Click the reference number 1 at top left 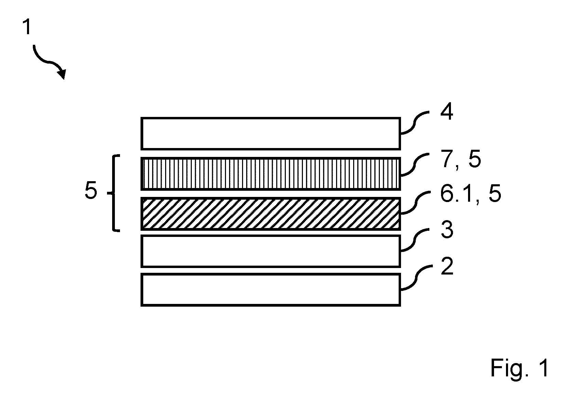(x=27, y=27)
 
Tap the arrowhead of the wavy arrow (x=62, y=75)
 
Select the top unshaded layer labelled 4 (x=271, y=133)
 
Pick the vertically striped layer (x=271, y=174)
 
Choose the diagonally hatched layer (x=271, y=214)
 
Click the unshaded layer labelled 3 (x=271, y=251)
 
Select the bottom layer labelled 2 (x=271, y=290)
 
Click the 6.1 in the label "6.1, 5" (x=457, y=194)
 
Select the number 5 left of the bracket (x=91, y=190)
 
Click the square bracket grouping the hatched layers (x=114, y=193)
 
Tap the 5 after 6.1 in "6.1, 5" (x=494, y=194)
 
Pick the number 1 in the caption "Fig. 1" (x=544, y=367)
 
